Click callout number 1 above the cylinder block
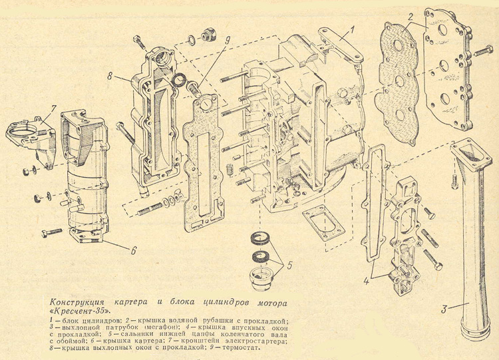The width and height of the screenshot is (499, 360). (352, 28)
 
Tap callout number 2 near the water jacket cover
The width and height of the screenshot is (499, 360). (411, 17)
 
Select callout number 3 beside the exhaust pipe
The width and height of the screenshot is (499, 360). (444, 308)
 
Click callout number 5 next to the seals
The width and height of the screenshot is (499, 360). (288, 264)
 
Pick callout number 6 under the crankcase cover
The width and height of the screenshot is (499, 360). (133, 251)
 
